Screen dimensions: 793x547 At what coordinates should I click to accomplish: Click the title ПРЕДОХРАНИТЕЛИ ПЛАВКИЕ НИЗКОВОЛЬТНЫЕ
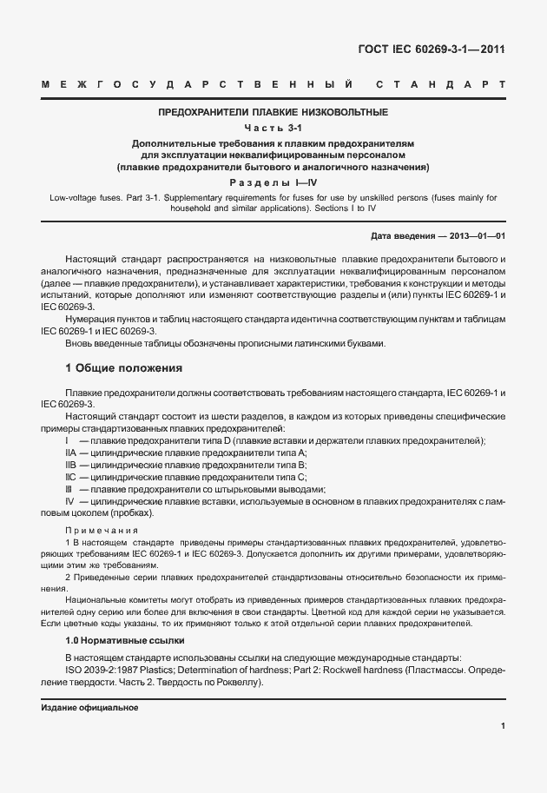[273, 112]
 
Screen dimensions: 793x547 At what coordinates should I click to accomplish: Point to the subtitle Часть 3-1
[273, 127]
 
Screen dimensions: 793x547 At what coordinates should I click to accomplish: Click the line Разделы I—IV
[273, 182]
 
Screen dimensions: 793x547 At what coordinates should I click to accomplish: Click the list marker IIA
[71, 453]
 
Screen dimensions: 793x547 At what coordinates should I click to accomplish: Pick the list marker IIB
[71, 466]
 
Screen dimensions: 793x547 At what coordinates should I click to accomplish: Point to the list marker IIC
[71, 478]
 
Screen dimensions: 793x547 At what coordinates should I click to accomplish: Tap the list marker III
[69, 490]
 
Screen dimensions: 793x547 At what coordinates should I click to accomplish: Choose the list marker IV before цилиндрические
[70, 502]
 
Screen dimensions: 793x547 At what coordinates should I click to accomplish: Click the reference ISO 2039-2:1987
[107, 669]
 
